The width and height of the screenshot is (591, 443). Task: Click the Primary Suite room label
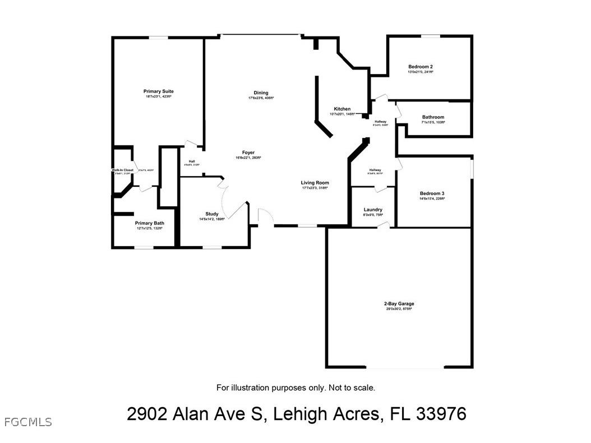tap(158, 91)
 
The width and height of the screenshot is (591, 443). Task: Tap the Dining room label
tap(261, 93)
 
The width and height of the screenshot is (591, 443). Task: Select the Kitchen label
tap(342, 109)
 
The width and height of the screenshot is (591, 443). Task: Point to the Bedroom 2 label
tap(420, 67)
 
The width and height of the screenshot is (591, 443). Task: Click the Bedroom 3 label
tap(432, 193)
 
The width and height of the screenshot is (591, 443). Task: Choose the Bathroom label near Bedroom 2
tap(433, 117)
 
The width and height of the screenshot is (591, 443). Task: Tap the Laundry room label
tap(373, 210)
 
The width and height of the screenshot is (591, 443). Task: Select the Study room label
tap(212, 214)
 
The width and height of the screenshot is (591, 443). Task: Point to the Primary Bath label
tap(149, 223)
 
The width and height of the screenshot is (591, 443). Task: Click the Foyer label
tap(248, 153)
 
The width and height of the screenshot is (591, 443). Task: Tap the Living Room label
tap(315, 183)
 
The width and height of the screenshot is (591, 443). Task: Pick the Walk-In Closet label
tap(122, 170)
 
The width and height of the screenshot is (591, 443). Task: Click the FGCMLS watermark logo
tap(27, 422)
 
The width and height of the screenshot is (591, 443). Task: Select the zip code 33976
tap(441, 414)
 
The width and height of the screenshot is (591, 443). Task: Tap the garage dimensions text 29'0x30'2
tap(394, 309)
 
